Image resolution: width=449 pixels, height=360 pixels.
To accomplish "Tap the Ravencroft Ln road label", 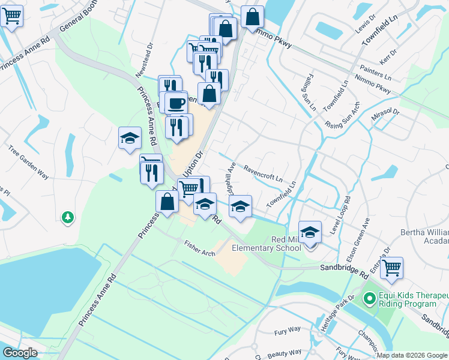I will coord(262,173).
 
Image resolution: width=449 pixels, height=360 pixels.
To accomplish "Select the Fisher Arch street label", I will coord(200,248).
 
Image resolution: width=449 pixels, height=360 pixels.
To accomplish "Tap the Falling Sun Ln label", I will coord(307,93).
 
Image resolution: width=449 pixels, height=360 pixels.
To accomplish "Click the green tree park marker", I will coord(68,217).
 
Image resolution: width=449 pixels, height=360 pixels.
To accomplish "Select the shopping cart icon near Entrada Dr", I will coord(391,268).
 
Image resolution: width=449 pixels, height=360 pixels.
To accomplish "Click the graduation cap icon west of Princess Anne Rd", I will coord(130,139).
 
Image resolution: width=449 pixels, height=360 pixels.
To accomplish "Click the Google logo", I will coord(20,353).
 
